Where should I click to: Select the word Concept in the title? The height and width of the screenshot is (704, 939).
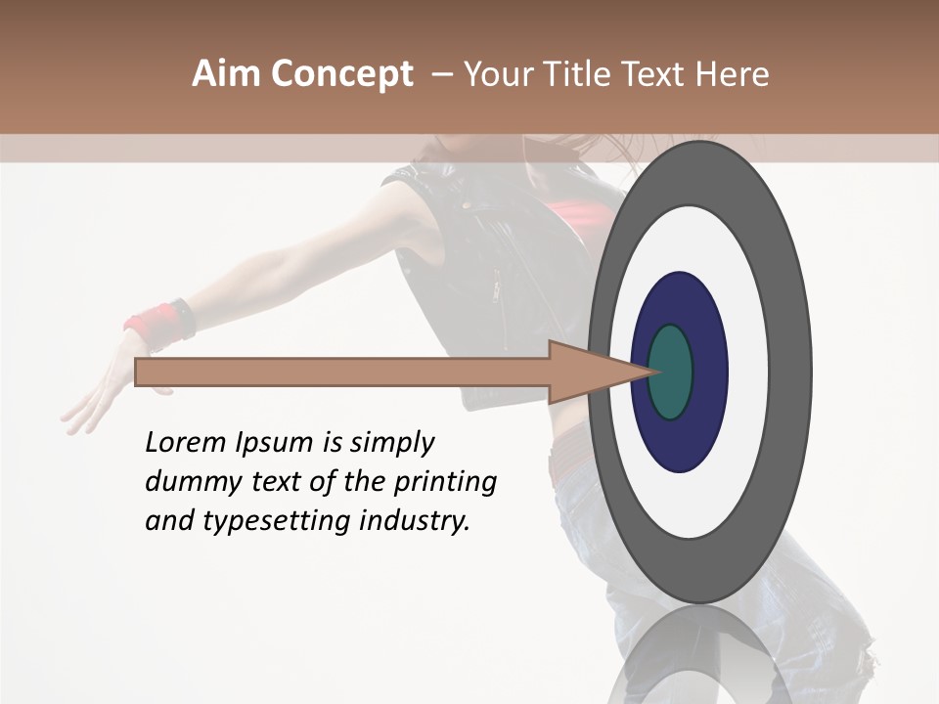coord(341,73)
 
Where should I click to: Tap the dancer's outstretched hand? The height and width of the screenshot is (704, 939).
coord(98,391)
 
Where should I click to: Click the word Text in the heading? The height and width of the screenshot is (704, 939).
coord(657,73)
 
